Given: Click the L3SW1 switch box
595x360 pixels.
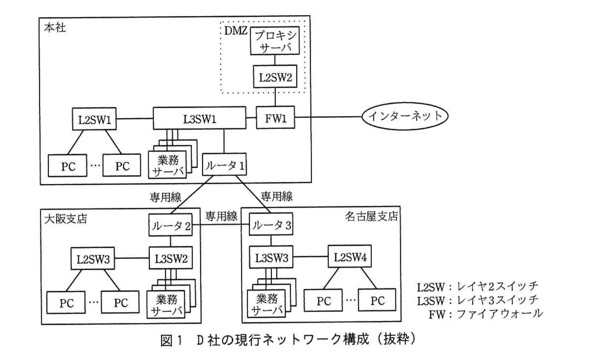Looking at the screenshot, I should coord(200,119).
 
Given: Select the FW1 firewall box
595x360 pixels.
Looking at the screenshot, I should coord(275,118).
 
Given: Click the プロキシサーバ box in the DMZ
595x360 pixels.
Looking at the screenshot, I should coord(275,41).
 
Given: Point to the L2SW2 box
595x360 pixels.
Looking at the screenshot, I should coord(275,77).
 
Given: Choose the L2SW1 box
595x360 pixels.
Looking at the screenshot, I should coord(94,119).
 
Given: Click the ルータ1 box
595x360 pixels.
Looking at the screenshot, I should coord(224,165).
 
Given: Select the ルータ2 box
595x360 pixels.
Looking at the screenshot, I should coord(171,225).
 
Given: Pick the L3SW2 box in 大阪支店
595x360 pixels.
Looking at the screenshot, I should coord(171,258).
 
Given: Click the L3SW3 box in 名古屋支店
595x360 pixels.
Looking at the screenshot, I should coord(271,258).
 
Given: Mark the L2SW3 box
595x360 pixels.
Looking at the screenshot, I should coord(93,259).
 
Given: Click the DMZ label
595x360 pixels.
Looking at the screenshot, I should coord(236,31).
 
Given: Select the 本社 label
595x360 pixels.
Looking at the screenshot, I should coord(55,27).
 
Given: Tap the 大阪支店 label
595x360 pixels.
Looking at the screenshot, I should coord(65,219).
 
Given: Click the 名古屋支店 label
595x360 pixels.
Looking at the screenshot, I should coord(371,216).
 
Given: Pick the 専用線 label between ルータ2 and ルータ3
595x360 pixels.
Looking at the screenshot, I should coord(221,216).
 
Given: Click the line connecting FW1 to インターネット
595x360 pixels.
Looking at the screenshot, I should coord(329,118).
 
